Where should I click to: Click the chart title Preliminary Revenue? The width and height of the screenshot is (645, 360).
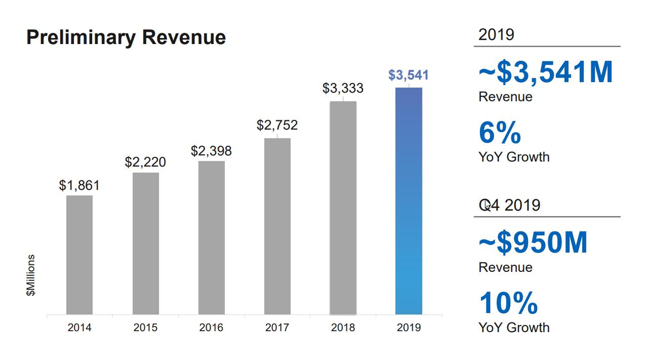coord(126,38)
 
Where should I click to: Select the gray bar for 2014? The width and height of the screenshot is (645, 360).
coord(80,255)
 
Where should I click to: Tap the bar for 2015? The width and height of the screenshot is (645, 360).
coord(146,243)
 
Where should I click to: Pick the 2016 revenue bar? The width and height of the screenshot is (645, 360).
coord(211,237)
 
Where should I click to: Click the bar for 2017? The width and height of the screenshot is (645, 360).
coord(277,226)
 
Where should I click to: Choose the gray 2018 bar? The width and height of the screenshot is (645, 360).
coord(343,207)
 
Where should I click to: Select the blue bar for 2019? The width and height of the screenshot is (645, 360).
coord(408,201)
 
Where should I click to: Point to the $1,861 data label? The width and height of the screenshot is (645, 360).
coord(80,186)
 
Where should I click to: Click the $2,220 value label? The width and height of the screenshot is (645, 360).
coord(145,162)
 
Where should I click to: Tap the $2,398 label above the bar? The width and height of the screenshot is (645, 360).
coord(211,151)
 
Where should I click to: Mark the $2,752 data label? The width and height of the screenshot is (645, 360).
coord(277,126)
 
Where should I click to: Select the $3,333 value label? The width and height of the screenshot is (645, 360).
coord(343,89)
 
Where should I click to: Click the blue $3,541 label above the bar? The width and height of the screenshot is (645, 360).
coord(408,75)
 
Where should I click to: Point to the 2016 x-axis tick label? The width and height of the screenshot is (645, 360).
coord(211,327)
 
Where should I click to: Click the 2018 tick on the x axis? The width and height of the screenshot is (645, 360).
coord(343,327)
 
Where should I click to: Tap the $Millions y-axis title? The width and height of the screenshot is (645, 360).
coord(31,275)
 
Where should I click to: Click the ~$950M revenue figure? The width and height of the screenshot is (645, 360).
coord(533,243)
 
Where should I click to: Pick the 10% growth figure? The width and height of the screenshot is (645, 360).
coord(508,303)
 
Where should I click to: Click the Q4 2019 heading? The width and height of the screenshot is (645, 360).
coord(509,205)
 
